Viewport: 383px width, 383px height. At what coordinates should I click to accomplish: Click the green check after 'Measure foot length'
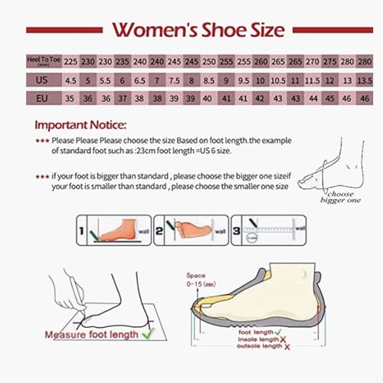(x=149, y=332)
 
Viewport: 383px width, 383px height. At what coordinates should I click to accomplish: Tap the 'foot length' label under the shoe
(x=255, y=332)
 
